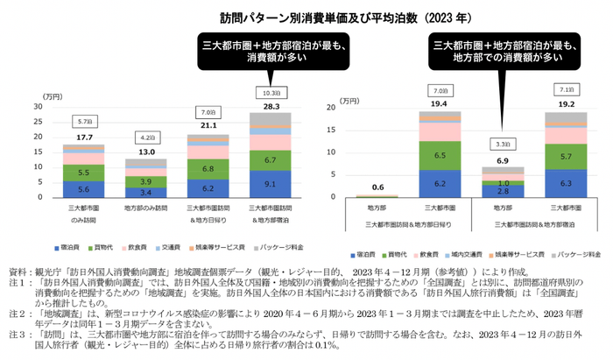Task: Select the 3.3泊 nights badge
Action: click(502, 144)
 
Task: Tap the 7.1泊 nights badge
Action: click(564, 89)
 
